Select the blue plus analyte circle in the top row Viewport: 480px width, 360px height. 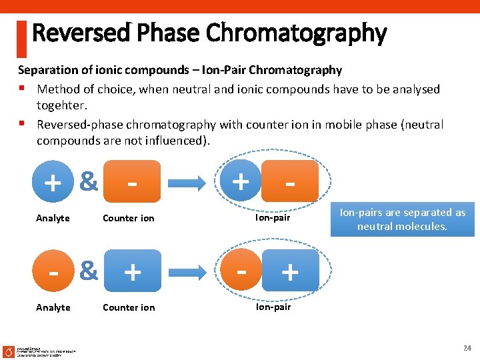click(x=53, y=181)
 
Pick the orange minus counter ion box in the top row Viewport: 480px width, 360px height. click(x=133, y=181)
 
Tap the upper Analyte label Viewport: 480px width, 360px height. click(x=53, y=218)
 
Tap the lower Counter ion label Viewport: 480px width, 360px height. click(x=129, y=307)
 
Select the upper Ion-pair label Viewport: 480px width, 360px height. click(x=273, y=217)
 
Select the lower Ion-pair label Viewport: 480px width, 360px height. click(x=273, y=307)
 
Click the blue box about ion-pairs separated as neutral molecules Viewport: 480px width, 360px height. click(x=403, y=219)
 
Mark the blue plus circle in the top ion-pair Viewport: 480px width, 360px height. click(x=241, y=180)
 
